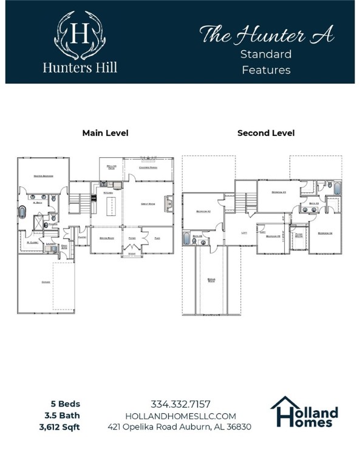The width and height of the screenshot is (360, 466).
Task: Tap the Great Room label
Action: pyautogui.click(x=149, y=204)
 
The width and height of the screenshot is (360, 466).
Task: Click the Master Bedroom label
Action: pyautogui.click(x=43, y=176)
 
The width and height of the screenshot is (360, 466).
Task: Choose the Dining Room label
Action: pyautogui.click(x=107, y=238)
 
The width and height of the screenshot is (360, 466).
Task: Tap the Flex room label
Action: pyautogui.click(x=157, y=238)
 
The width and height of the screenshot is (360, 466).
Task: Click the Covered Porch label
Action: pyautogui.click(x=148, y=167)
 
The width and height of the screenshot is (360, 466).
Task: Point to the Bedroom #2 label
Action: pyautogui.click(x=203, y=211)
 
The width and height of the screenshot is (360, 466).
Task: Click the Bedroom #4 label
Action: pyautogui.click(x=325, y=233)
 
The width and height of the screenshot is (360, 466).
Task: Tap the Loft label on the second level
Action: pyautogui.click(x=243, y=232)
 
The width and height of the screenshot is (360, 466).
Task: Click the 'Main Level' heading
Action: pyautogui.click(x=105, y=133)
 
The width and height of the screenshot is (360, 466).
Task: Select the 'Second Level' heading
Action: pyautogui.click(x=266, y=133)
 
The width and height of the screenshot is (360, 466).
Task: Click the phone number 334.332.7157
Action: pyautogui.click(x=180, y=404)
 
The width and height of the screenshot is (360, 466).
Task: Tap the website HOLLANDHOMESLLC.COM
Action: pyautogui.click(x=180, y=416)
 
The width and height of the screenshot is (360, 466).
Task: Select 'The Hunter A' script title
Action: pyautogui.click(x=267, y=35)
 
